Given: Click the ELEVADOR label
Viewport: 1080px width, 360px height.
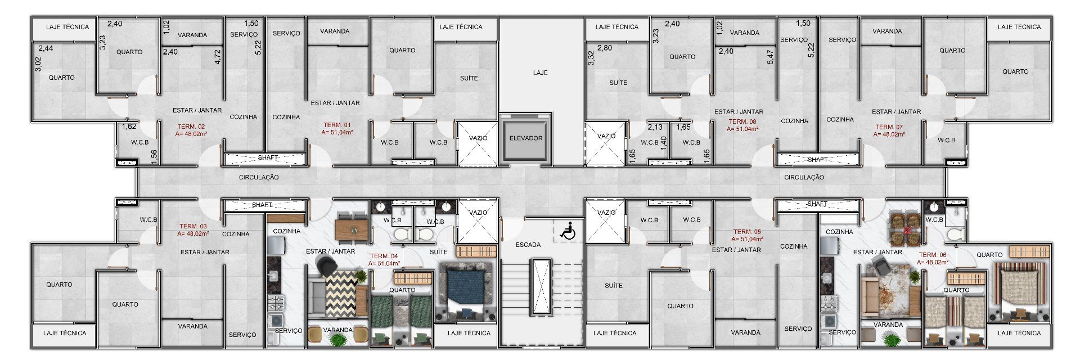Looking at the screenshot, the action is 525,138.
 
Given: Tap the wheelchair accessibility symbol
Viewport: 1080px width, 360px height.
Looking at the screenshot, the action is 568,230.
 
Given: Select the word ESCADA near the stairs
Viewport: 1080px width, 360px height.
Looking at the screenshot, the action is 528,245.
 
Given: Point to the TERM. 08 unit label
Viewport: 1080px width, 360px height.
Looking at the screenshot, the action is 742,121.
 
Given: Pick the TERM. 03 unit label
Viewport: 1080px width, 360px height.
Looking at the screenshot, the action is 193,226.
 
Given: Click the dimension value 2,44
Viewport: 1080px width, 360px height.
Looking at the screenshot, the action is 46,48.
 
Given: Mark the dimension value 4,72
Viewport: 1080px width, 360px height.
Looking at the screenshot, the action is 218,57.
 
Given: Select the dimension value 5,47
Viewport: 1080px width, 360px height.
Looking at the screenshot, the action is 770,57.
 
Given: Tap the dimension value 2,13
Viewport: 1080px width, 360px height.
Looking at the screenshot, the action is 655,127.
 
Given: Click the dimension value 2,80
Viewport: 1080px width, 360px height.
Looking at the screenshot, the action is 605,48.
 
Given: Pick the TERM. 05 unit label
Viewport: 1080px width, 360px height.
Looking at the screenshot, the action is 747,232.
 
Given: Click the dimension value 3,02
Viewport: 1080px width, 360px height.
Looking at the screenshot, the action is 38,64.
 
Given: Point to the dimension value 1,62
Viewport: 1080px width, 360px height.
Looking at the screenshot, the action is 129,127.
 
